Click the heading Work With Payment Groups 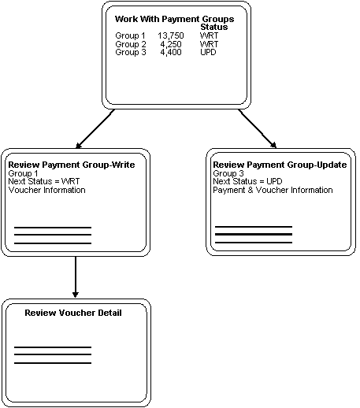pos(174,19)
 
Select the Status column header pos(214,28)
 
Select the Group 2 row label pos(130,44)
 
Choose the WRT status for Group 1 pos(210,36)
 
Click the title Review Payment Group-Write pos(71,165)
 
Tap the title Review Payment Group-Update pos(280,165)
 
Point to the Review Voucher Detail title pos(73,313)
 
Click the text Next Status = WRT pos(44,181)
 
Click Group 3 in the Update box pos(228,173)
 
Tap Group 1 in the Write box pos(23,173)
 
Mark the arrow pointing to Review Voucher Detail pos(75,277)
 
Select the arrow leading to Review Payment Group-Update pos(257,128)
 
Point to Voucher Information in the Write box pos(46,190)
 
